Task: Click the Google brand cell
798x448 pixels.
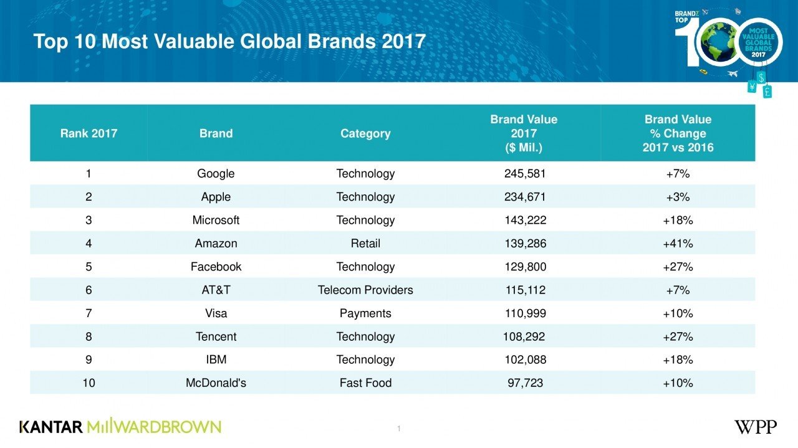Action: point(216,173)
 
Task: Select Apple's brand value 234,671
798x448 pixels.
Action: point(525,197)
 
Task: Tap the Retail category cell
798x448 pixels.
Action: point(365,243)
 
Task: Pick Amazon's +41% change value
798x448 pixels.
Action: point(678,243)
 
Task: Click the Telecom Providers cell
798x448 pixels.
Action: point(365,290)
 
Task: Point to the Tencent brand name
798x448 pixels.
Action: point(216,336)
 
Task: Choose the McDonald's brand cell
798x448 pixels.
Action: point(216,383)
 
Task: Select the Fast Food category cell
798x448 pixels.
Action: point(365,383)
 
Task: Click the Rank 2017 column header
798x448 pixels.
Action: point(89,133)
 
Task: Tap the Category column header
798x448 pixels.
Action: point(365,133)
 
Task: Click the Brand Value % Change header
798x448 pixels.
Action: point(678,133)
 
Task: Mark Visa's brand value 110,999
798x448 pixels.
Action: point(525,313)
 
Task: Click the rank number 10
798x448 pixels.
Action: point(89,383)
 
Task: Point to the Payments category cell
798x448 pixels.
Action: point(365,313)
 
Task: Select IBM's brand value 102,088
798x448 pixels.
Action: point(525,360)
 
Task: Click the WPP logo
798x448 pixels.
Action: point(755,427)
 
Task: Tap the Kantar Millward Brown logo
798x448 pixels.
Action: point(120,427)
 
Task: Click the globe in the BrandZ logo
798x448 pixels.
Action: point(718,42)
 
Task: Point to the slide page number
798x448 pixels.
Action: point(398,428)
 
